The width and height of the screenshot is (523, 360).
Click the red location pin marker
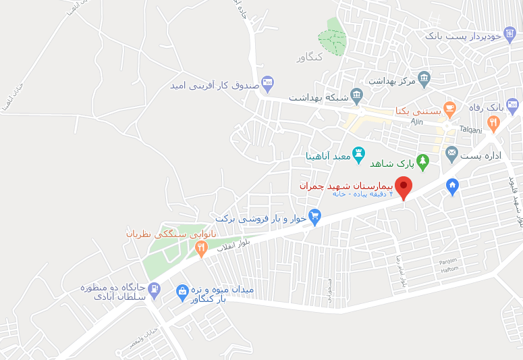coord(404,187)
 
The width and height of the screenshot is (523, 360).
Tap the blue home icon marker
coord(452,185)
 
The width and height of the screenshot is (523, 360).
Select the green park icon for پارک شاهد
coord(422,161)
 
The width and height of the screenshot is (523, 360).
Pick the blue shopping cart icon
coord(314,217)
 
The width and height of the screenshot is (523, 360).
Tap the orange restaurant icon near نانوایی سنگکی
coord(200,249)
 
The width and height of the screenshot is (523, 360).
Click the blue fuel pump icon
coord(155,290)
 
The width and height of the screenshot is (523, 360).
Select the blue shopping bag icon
coord(182,292)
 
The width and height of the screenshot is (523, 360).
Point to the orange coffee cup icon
coord(450,107)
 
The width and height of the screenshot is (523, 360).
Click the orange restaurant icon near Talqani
coord(493,124)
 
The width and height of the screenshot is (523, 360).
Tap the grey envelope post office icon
coord(451,154)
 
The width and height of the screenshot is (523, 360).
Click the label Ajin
coord(416,122)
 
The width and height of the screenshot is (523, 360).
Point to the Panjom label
coord(448,261)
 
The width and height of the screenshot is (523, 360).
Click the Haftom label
coord(450,269)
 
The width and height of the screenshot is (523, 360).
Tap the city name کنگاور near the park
coord(310,57)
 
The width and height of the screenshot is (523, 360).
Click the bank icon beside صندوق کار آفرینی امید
coord(267,84)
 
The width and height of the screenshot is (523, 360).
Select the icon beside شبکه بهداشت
coord(357,96)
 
